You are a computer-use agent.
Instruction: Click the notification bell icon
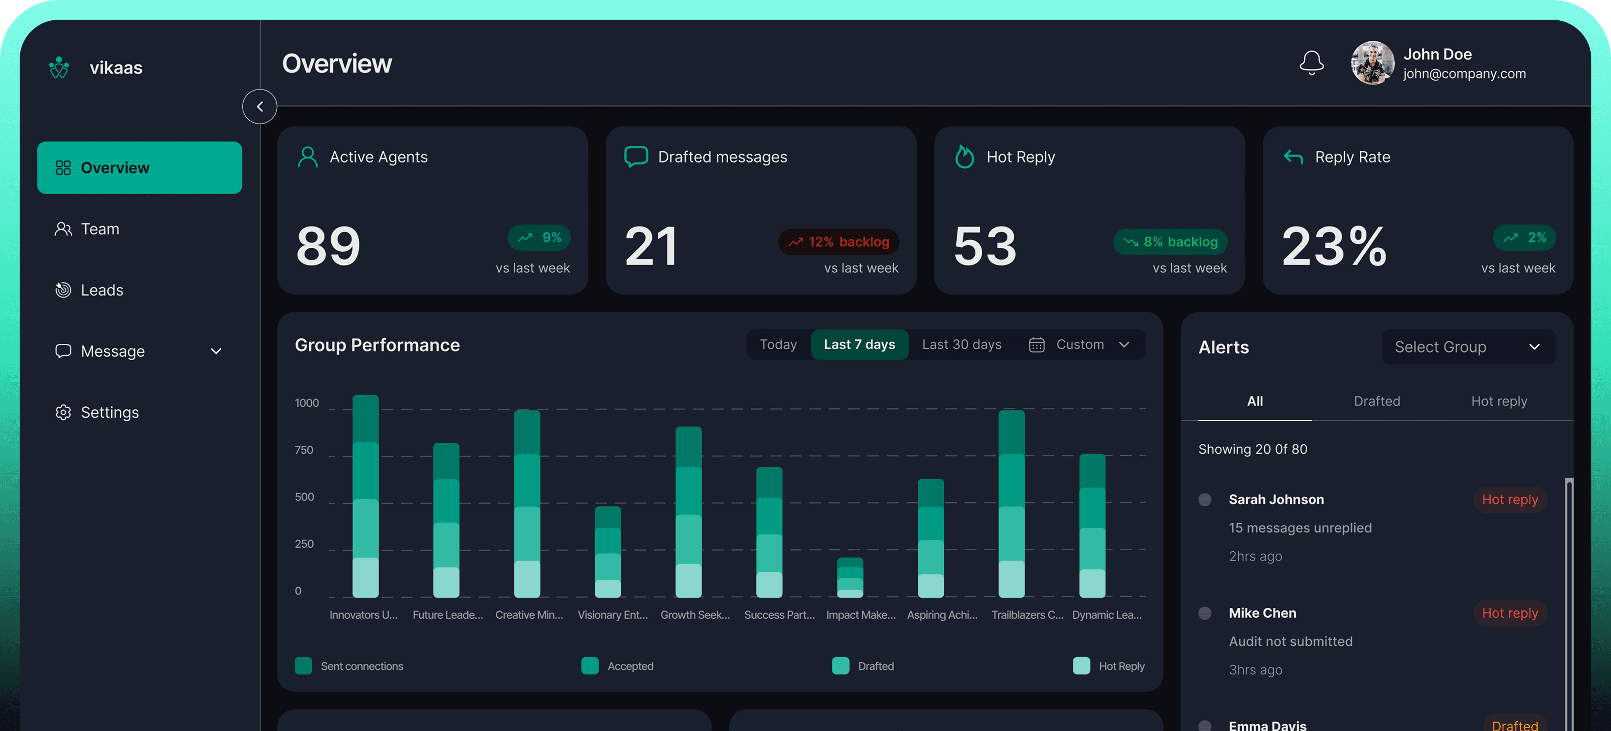click(x=1312, y=63)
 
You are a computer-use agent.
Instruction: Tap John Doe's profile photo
click(x=1372, y=63)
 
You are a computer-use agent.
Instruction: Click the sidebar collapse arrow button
click(x=259, y=106)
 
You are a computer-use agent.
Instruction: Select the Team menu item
click(x=100, y=229)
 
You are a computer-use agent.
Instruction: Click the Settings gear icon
click(x=63, y=412)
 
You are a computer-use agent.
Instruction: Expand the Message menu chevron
click(x=216, y=352)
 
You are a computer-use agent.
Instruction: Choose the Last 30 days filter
click(x=961, y=345)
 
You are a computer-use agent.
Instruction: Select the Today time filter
click(x=778, y=345)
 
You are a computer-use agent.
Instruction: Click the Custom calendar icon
click(x=1036, y=345)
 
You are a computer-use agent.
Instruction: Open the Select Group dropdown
click(x=1468, y=347)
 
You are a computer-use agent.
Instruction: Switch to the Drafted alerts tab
click(x=1377, y=401)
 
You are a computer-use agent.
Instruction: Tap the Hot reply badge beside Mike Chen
click(x=1509, y=613)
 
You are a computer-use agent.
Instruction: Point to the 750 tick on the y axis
click(x=304, y=450)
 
